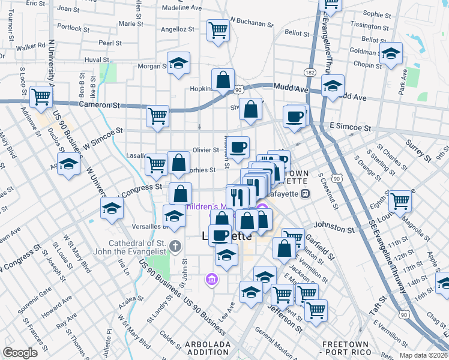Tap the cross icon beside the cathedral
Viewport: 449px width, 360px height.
(x=175, y=245)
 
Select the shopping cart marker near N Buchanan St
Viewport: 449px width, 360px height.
(x=218, y=29)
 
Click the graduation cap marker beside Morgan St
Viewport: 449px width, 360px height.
(x=178, y=64)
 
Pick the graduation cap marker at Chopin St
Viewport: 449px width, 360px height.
(x=391, y=54)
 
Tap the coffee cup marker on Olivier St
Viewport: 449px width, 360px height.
(x=238, y=146)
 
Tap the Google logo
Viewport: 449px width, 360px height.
(x=20, y=352)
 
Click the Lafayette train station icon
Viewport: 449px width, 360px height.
(x=306, y=193)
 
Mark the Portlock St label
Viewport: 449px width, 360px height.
(x=73, y=28)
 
